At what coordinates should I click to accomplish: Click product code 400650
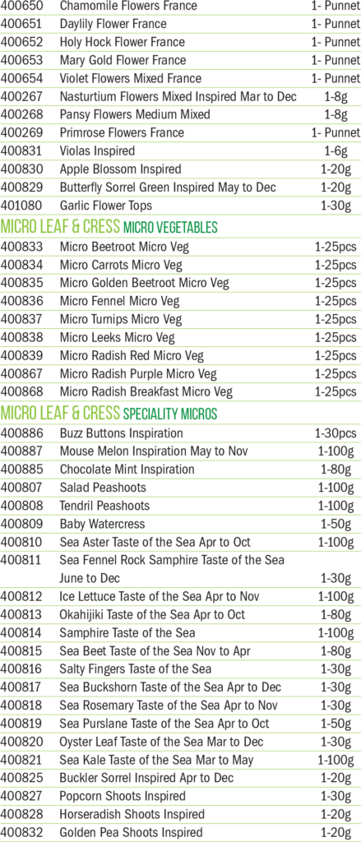[22, 6]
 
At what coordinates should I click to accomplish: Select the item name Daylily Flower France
[113, 24]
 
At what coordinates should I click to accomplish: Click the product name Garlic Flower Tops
[106, 205]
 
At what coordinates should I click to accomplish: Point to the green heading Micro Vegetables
[170, 228]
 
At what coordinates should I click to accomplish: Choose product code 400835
[22, 283]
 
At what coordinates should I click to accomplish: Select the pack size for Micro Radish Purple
[336, 374]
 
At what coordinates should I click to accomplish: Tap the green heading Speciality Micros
[170, 414]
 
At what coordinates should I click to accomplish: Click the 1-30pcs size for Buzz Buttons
[336, 433]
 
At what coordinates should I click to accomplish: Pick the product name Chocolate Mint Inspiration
[127, 470]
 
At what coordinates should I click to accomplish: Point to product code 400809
[22, 524]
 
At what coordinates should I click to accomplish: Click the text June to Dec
[90, 578]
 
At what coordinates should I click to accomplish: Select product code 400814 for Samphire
[22, 632]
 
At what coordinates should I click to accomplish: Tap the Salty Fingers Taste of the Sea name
[136, 669]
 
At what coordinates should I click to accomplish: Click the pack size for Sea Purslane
[336, 724]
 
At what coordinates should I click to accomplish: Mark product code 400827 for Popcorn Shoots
[22, 796]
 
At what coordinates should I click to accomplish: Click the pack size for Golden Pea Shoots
[336, 832]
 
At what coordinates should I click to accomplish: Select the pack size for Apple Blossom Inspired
[336, 169]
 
